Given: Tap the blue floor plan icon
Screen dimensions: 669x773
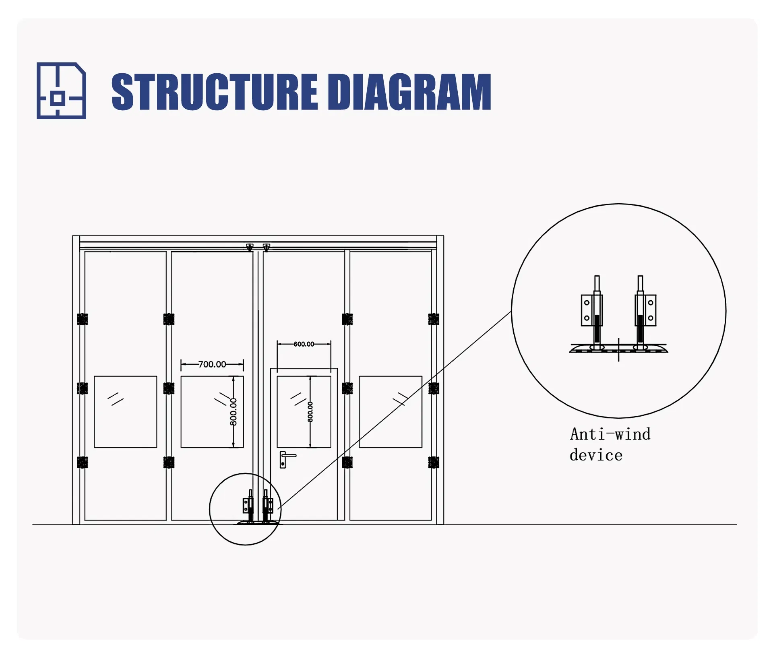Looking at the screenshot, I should pyautogui.click(x=61, y=91).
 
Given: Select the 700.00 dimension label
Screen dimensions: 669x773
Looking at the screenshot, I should pyautogui.click(x=212, y=364).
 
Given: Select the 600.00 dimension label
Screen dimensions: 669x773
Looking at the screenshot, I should pyautogui.click(x=304, y=344).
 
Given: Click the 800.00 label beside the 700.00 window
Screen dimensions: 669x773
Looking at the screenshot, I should pyautogui.click(x=234, y=411).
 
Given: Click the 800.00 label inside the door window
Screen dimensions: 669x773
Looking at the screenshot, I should pyautogui.click(x=310, y=411).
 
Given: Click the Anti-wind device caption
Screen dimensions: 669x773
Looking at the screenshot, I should pyautogui.click(x=610, y=444).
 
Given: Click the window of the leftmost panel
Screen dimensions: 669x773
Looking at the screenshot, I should pyautogui.click(x=125, y=411).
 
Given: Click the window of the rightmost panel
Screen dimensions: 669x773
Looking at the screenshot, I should pyautogui.click(x=390, y=411).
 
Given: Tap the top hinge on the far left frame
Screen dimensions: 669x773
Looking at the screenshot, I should pyautogui.click(x=82, y=319).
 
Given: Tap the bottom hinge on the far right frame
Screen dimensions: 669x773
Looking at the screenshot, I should pyautogui.click(x=434, y=462).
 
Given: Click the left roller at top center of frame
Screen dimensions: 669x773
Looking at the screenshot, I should pyautogui.click(x=250, y=247).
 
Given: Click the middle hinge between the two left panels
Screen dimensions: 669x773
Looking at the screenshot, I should pyautogui.click(x=169, y=388).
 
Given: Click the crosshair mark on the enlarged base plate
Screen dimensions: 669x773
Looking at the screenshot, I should pyautogui.click(x=619, y=350).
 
